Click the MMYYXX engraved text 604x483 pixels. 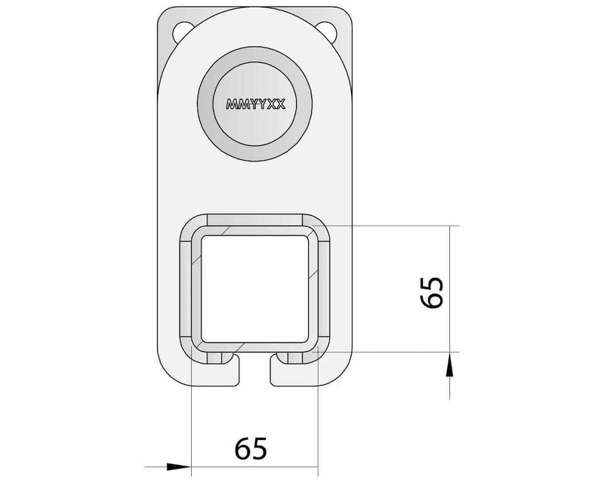(x=255, y=104)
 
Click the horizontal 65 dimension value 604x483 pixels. (x=251, y=448)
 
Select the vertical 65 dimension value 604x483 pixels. (x=432, y=292)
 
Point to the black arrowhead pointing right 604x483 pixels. (x=179, y=466)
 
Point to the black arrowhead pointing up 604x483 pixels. (x=449, y=365)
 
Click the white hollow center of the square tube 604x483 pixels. (x=254, y=289)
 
